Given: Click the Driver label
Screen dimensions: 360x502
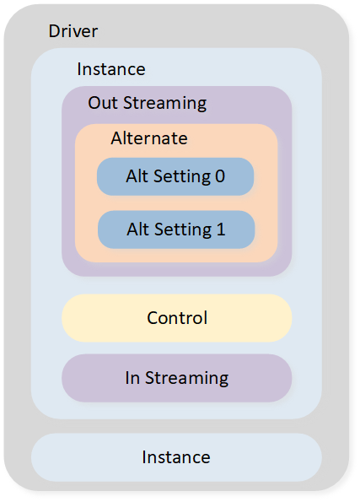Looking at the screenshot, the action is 73,31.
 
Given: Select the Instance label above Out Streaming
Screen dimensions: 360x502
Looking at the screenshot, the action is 111,69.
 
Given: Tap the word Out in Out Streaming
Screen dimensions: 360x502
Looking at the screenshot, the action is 104,103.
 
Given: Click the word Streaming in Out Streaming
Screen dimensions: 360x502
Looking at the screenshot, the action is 164,104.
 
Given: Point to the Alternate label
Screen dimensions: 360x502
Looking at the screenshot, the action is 149,138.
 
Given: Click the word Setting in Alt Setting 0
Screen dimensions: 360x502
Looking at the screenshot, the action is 182,177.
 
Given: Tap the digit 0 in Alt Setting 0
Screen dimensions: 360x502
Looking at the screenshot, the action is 220,176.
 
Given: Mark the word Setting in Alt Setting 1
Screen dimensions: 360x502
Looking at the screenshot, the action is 183,230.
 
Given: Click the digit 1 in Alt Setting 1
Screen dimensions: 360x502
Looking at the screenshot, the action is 221,229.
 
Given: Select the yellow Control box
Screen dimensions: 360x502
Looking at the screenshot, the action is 177,318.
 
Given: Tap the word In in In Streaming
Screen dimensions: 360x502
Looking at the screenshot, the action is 132,378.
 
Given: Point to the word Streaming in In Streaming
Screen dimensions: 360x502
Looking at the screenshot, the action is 187,379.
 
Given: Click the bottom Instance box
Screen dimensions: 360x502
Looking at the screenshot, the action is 176,457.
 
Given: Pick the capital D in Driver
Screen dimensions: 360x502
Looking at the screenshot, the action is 54,31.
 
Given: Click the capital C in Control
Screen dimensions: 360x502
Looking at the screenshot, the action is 153,318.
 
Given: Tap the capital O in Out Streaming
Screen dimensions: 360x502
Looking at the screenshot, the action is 94,103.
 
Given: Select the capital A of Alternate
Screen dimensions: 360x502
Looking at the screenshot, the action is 117,138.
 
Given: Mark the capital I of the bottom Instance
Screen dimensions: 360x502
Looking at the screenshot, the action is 144,457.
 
